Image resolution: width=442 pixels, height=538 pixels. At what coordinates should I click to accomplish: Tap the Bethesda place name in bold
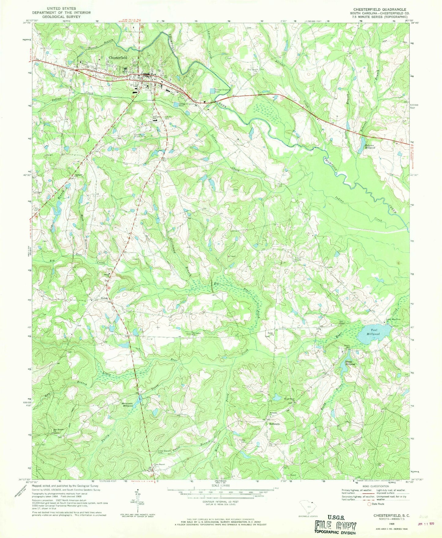[274, 424]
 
